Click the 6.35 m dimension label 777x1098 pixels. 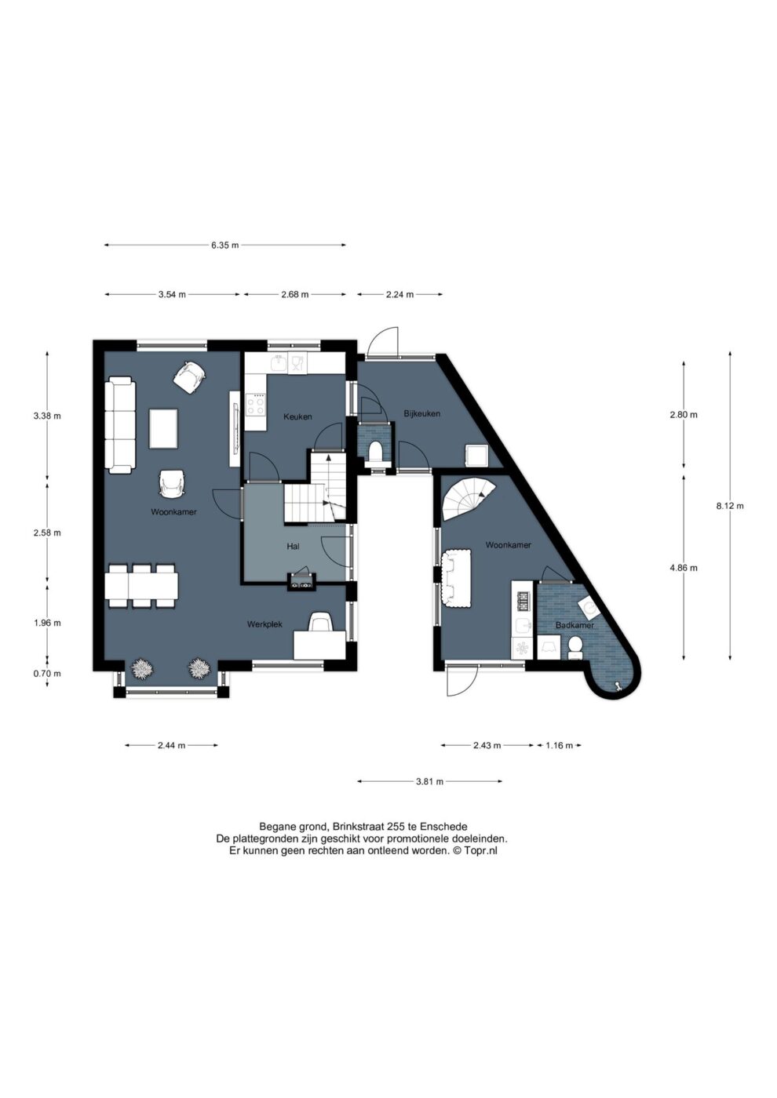pyautogui.click(x=225, y=245)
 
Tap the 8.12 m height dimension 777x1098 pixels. pyautogui.click(x=730, y=507)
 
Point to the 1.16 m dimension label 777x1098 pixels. pyautogui.click(x=559, y=746)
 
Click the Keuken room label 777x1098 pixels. pyautogui.click(x=297, y=416)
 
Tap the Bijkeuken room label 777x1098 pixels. pyautogui.click(x=422, y=413)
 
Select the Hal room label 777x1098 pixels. pyautogui.click(x=294, y=546)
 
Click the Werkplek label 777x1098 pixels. pyautogui.click(x=264, y=624)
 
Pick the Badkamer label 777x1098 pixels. pyautogui.click(x=575, y=626)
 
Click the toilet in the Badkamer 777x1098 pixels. pyautogui.click(x=574, y=648)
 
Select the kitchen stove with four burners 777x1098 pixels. pyautogui.click(x=256, y=405)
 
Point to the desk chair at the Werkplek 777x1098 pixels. pyautogui.click(x=321, y=622)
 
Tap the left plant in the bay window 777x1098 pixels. pyautogui.click(x=142, y=670)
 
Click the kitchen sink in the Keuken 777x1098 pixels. pyautogui.click(x=279, y=363)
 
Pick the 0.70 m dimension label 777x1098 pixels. pyautogui.click(x=47, y=674)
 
